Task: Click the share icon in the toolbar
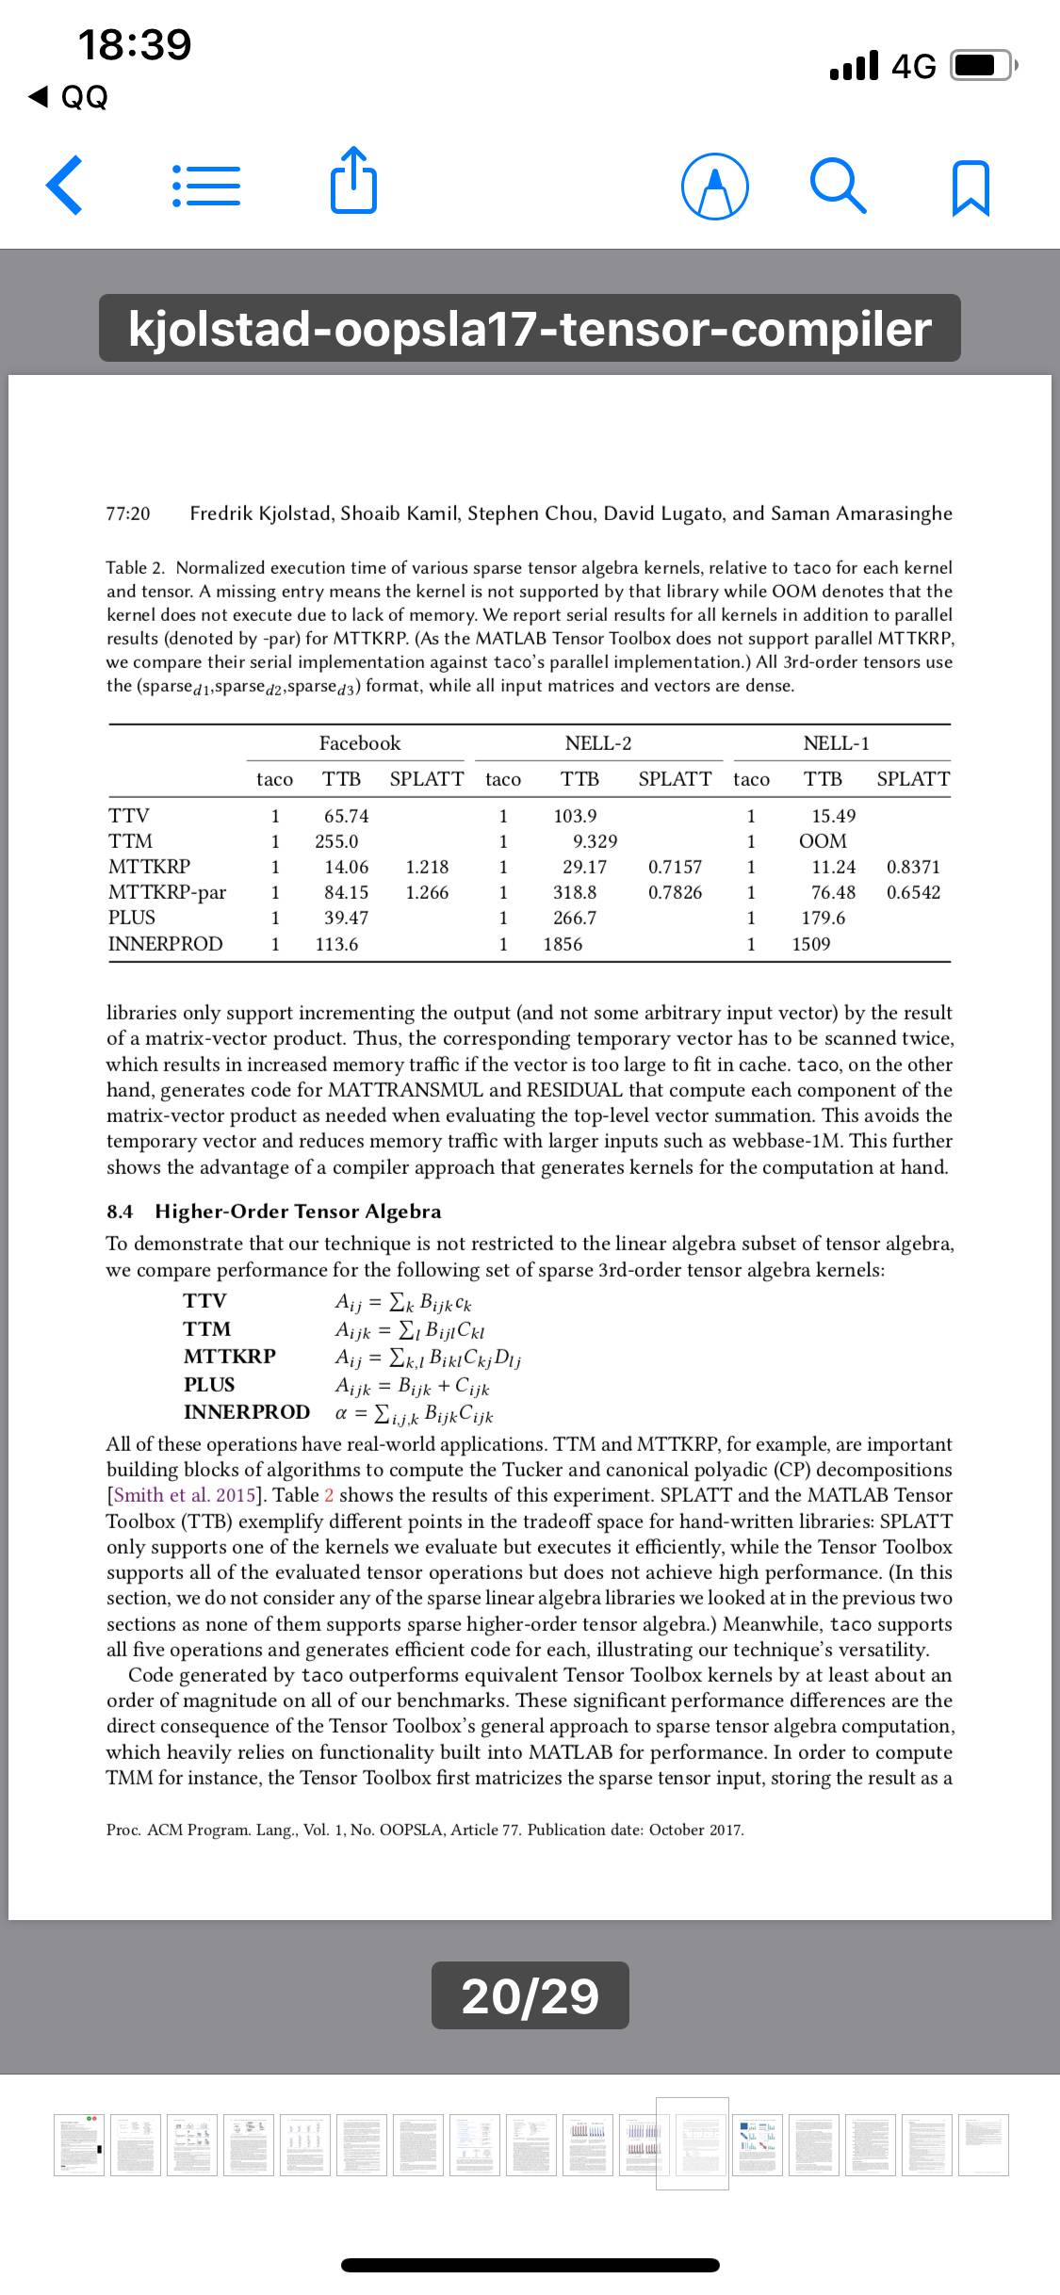pos(354,179)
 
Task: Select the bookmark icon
pos(971,186)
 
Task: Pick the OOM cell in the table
pos(822,841)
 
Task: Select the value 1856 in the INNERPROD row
pos(563,944)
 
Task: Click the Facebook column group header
pos(360,743)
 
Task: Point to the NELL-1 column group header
pos(836,743)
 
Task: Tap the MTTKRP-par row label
pos(168,892)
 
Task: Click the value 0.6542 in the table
pos(913,892)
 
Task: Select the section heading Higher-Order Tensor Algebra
pos(298,1212)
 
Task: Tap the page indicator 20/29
pos(530,1996)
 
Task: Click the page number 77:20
pos(128,514)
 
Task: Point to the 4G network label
pos(913,66)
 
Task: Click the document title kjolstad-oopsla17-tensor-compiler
pos(530,329)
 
